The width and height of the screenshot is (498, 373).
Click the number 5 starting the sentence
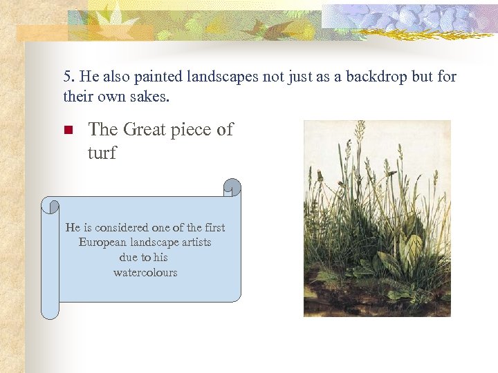pos(67,77)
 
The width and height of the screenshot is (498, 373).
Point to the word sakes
pos(151,97)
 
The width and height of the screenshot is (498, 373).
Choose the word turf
pos(102,153)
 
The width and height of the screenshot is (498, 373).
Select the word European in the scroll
pos(102,242)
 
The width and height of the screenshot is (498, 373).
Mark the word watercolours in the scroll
pos(145,273)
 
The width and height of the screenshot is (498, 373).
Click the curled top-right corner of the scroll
pos(232,188)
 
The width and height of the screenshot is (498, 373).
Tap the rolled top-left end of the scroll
pos(50,205)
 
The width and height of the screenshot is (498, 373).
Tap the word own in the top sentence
pos(110,97)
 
